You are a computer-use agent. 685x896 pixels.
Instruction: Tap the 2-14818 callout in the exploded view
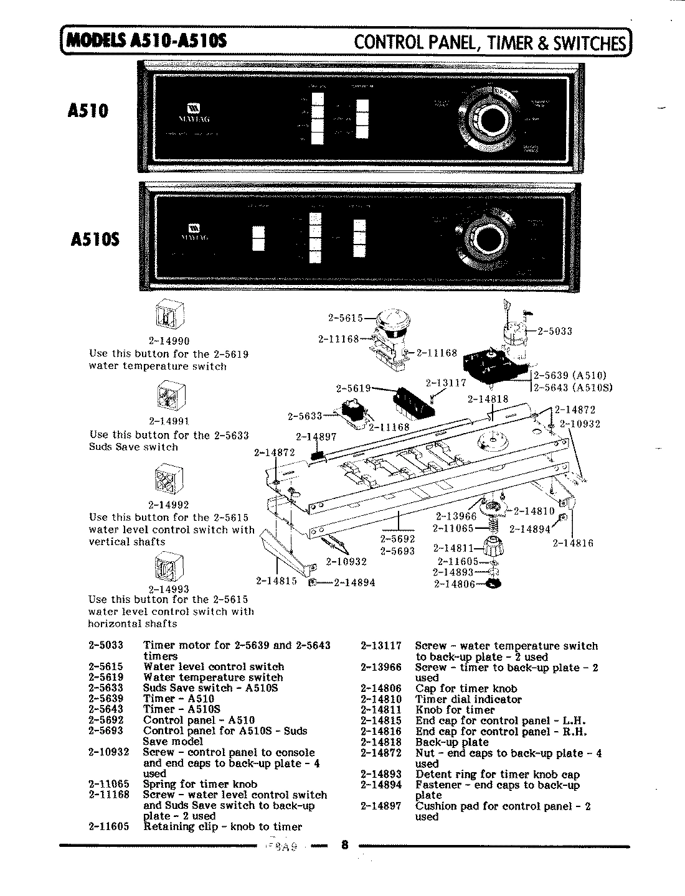[x=488, y=399]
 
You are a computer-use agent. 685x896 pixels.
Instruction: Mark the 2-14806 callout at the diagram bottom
[x=454, y=584]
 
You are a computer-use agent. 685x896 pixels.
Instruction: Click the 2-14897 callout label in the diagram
[x=316, y=437]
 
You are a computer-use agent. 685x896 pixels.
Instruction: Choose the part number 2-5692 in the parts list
[x=106, y=720]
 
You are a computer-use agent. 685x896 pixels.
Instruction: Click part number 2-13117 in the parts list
[x=380, y=646]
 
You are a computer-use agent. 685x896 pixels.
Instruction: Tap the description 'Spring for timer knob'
[x=200, y=784]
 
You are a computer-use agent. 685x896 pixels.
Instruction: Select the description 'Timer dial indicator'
[x=468, y=699]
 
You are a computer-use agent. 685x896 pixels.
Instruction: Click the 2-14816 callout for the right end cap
[x=573, y=543]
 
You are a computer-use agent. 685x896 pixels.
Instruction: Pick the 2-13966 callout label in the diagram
[x=456, y=516]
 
